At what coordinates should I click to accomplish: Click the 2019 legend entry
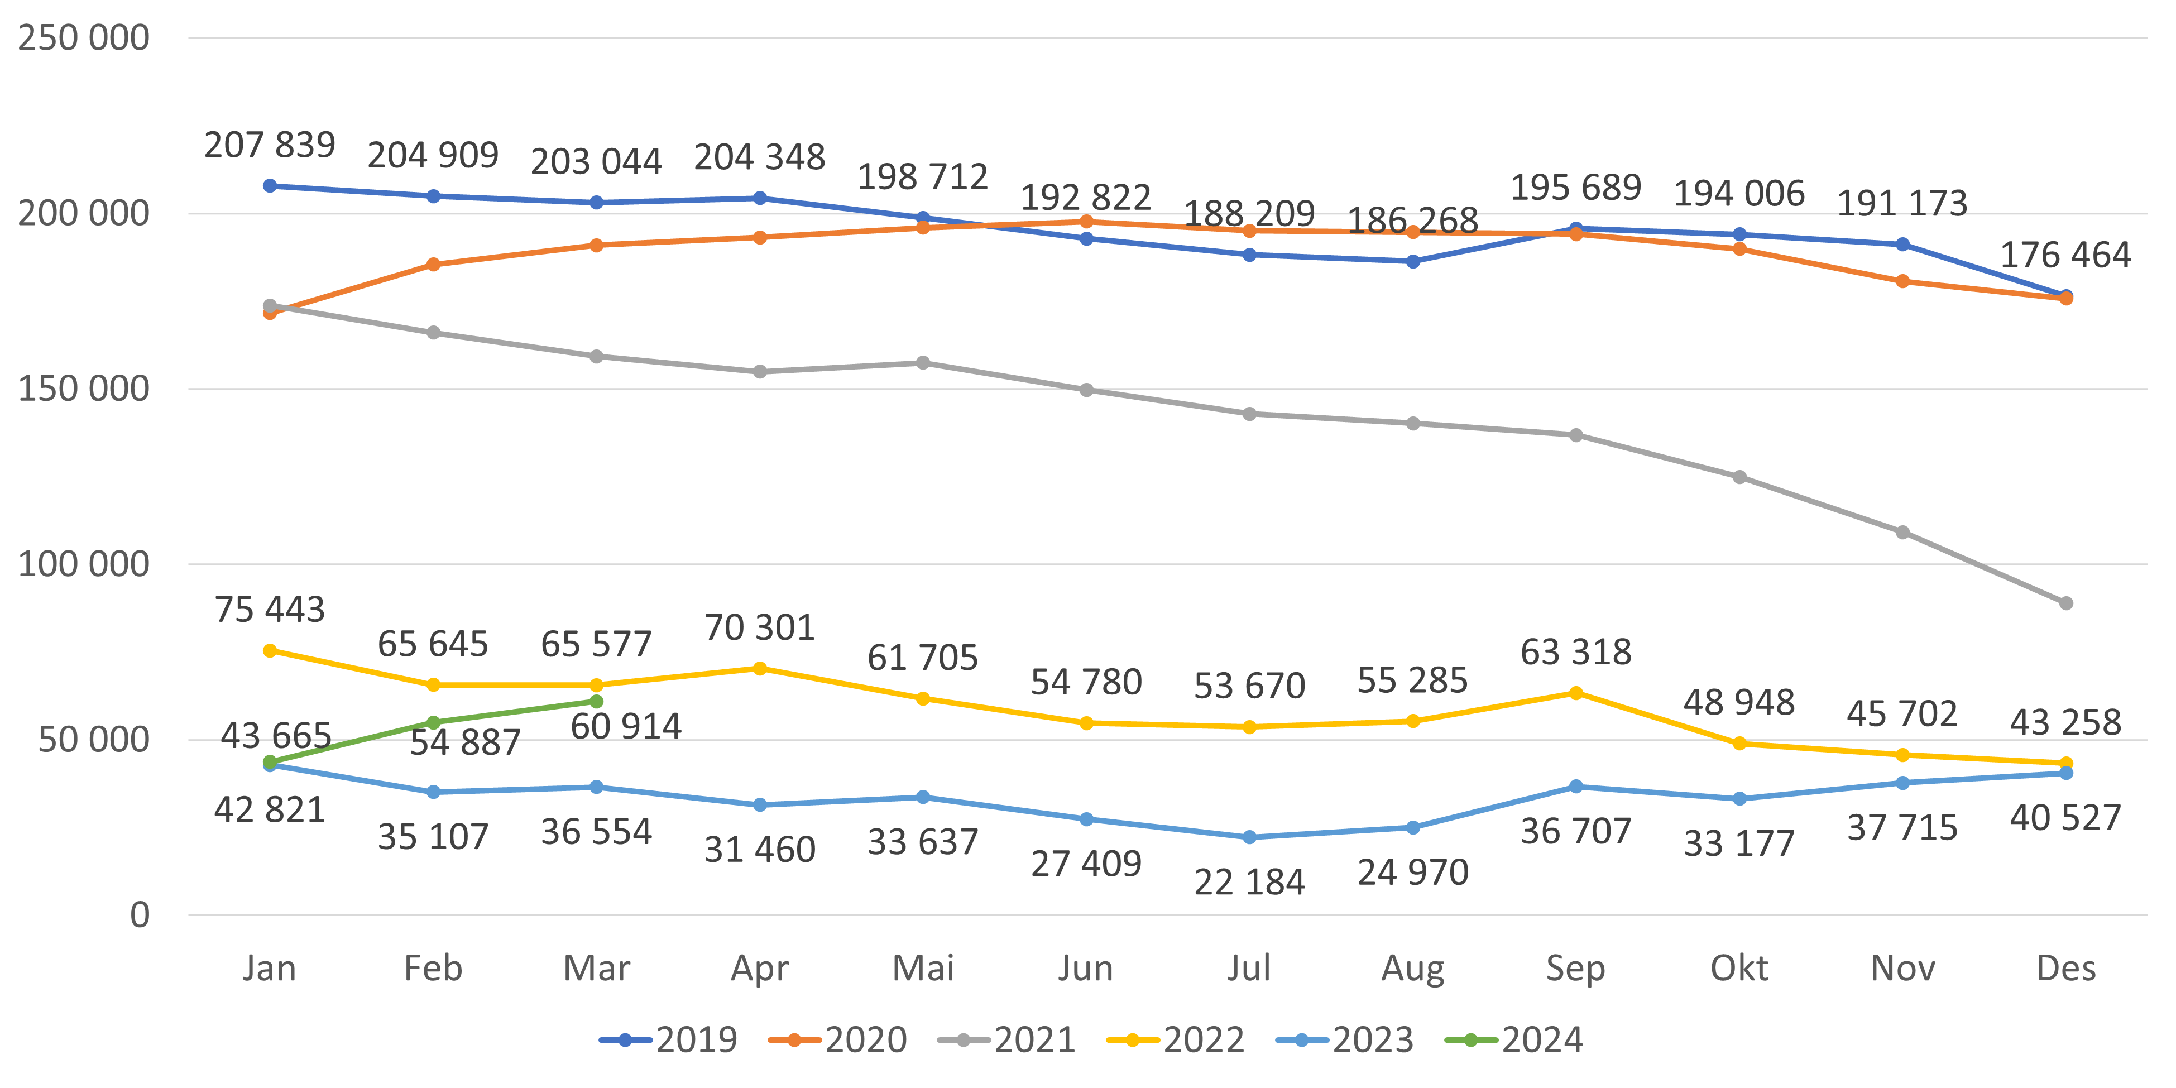pos(668,1039)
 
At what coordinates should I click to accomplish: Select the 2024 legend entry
pos(1514,1039)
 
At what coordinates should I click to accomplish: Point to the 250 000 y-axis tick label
pos(84,38)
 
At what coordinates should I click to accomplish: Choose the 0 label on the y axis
pos(140,915)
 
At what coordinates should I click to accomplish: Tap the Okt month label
pos(1739,968)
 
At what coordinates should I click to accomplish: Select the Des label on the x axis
pos(2065,968)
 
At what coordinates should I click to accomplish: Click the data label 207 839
pos(270,145)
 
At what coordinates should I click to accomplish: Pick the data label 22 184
pos(1249,883)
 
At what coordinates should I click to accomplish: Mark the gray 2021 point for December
pos(2066,603)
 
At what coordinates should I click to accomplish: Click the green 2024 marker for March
pos(596,702)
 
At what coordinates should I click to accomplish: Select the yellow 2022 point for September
pos(1576,693)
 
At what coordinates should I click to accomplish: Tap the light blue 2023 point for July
pos(1249,837)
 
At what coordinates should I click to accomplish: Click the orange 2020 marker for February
pos(433,265)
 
